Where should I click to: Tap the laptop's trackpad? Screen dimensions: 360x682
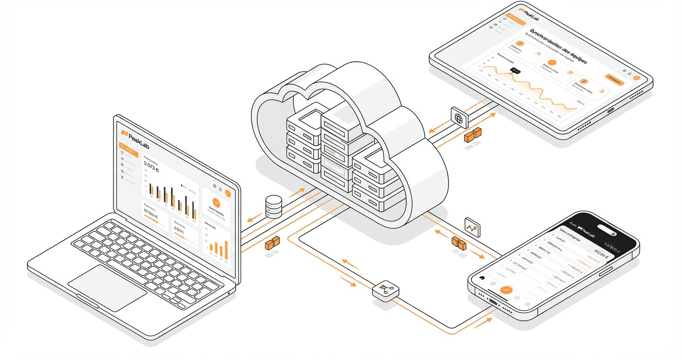[x=107, y=289]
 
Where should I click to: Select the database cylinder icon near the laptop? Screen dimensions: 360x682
[x=274, y=207]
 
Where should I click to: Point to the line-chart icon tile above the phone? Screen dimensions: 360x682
[x=472, y=226]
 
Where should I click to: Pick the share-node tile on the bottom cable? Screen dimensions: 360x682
[x=384, y=290]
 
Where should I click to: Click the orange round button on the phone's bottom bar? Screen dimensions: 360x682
[x=506, y=290]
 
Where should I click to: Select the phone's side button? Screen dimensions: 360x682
[x=605, y=271]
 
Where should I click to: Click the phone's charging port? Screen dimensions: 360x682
[x=493, y=302]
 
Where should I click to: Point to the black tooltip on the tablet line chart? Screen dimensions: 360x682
[x=515, y=70]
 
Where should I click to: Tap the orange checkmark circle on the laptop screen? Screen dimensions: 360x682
[x=216, y=202]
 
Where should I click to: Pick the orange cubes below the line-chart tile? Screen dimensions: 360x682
[x=459, y=243]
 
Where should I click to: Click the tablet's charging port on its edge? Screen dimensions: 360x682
[x=611, y=110]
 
